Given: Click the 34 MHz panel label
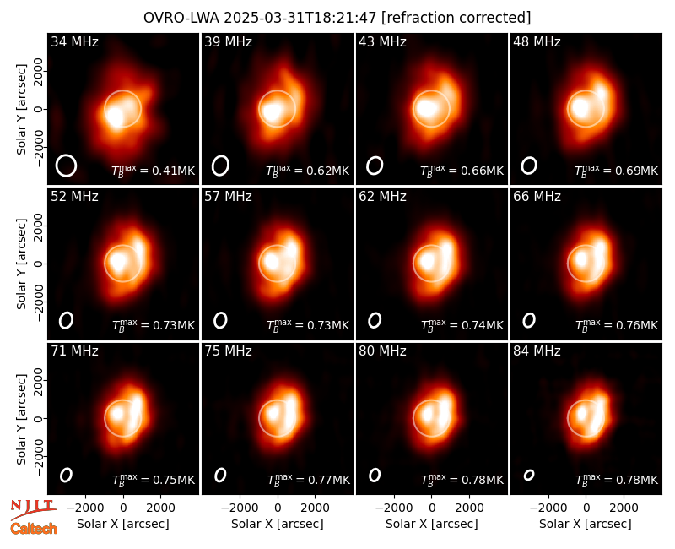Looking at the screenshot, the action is coord(74,41).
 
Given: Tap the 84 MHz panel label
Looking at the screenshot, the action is coord(537,351).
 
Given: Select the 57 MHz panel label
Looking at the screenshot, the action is coord(228,197).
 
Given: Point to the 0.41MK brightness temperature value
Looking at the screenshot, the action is coord(154,171).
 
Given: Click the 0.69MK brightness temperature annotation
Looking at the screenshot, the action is coord(617,171).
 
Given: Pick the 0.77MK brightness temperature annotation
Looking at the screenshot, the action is coord(308,480).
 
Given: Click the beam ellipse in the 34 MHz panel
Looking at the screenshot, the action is coord(66,166).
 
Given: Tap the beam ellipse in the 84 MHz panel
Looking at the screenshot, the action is coord(529,475).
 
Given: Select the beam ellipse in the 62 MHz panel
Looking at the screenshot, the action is coord(375,320).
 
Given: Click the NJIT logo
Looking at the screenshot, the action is coord(33,509).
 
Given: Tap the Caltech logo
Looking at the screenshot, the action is coord(34,529).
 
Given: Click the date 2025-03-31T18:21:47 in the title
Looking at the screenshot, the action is coord(300,18).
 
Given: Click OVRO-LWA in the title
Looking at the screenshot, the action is coord(181,18).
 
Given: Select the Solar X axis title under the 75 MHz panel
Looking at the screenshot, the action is coord(278,524).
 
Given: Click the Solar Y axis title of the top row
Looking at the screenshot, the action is coord(21,110).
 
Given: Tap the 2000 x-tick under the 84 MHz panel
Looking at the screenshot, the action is coord(624,508).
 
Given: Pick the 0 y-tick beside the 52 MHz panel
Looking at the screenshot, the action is coord(39,264).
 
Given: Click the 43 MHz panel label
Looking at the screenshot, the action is coord(383,41).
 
